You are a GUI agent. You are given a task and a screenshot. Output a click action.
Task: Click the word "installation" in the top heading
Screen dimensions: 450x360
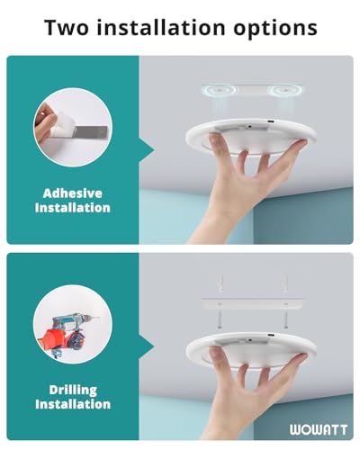pyautogui.click(x=174, y=27)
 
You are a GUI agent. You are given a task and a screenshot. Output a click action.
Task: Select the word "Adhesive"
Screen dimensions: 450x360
pyautogui.click(x=72, y=192)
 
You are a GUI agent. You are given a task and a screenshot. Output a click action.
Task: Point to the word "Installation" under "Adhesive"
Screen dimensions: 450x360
pyautogui.click(x=72, y=208)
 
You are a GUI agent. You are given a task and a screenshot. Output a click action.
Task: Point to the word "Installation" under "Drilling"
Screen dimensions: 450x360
pyautogui.click(x=72, y=404)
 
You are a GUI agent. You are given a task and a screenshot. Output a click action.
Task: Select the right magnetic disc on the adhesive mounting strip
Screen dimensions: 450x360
pyautogui.click(x=286, y=92)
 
